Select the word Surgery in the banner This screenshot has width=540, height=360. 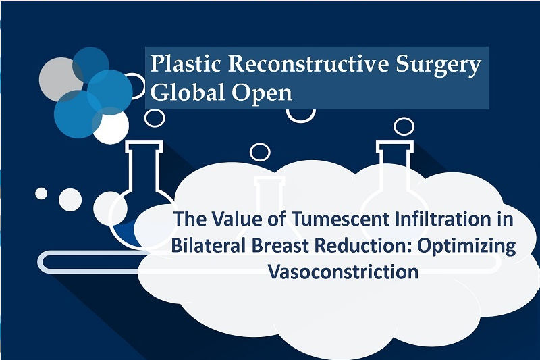438,66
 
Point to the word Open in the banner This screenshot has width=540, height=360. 262,94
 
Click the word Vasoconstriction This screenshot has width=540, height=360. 344,272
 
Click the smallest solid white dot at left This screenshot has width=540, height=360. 41,194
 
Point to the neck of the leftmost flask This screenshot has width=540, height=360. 144,165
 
